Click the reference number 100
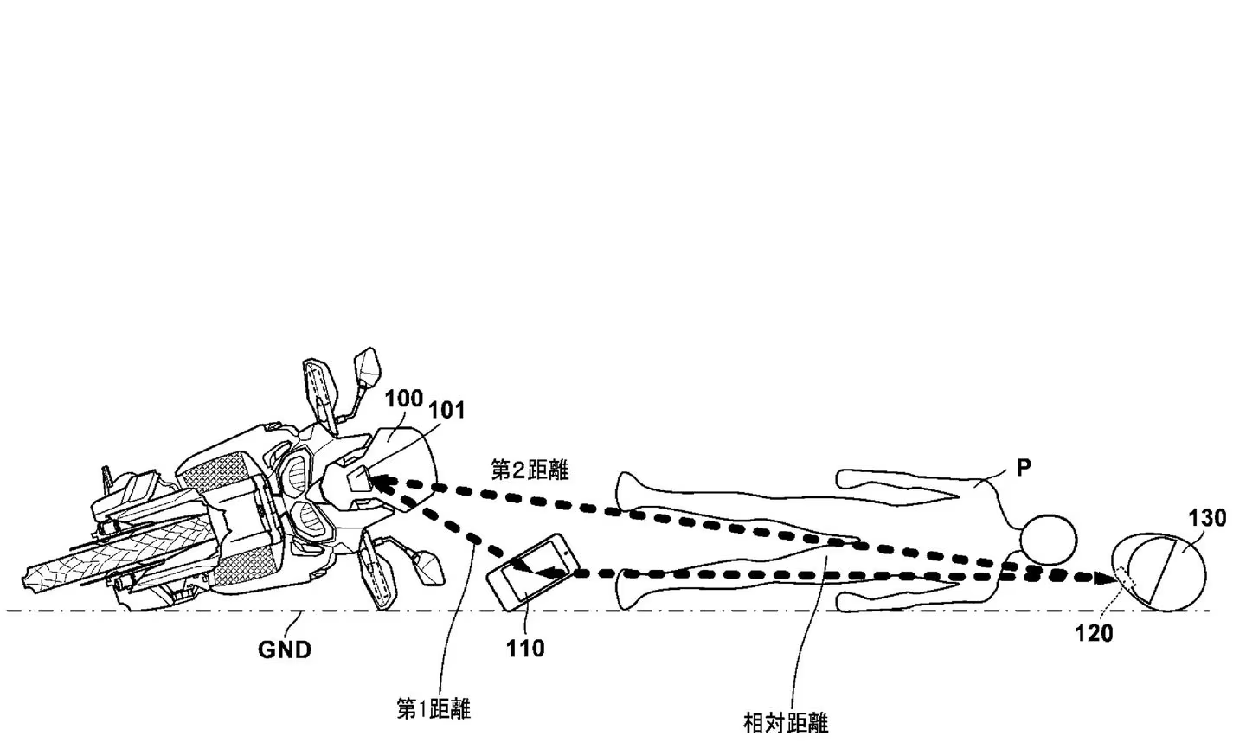[403, 400]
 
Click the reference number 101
[448, 410]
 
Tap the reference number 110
[526, 648]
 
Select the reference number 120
[1094, 634]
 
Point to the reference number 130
[1207, 519]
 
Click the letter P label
[1024, 468]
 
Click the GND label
[285, 649]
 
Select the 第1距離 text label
[434, 709]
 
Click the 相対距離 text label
[786, 722]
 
